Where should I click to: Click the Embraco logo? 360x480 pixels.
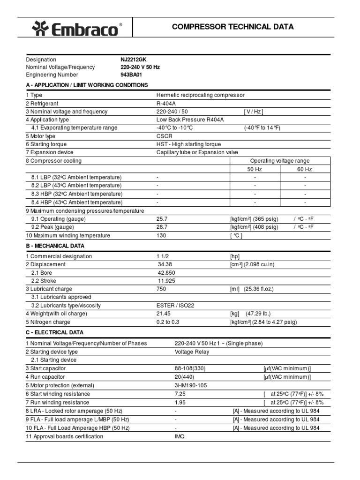77,30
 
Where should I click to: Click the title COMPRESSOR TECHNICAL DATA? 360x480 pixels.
232,27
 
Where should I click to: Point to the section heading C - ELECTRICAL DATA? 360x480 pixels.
54,332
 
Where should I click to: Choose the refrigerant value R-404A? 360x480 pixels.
166,103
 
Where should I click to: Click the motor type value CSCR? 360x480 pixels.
165,136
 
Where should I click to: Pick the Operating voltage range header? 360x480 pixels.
280,161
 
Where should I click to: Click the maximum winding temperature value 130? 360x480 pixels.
161,235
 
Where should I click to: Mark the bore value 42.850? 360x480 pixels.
166,272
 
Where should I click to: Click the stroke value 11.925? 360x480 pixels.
166,281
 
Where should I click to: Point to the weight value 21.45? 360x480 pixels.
165,314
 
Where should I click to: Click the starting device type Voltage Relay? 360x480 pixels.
192,352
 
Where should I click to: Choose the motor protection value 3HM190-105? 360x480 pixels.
190,385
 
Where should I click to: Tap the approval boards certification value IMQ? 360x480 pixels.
180,436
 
